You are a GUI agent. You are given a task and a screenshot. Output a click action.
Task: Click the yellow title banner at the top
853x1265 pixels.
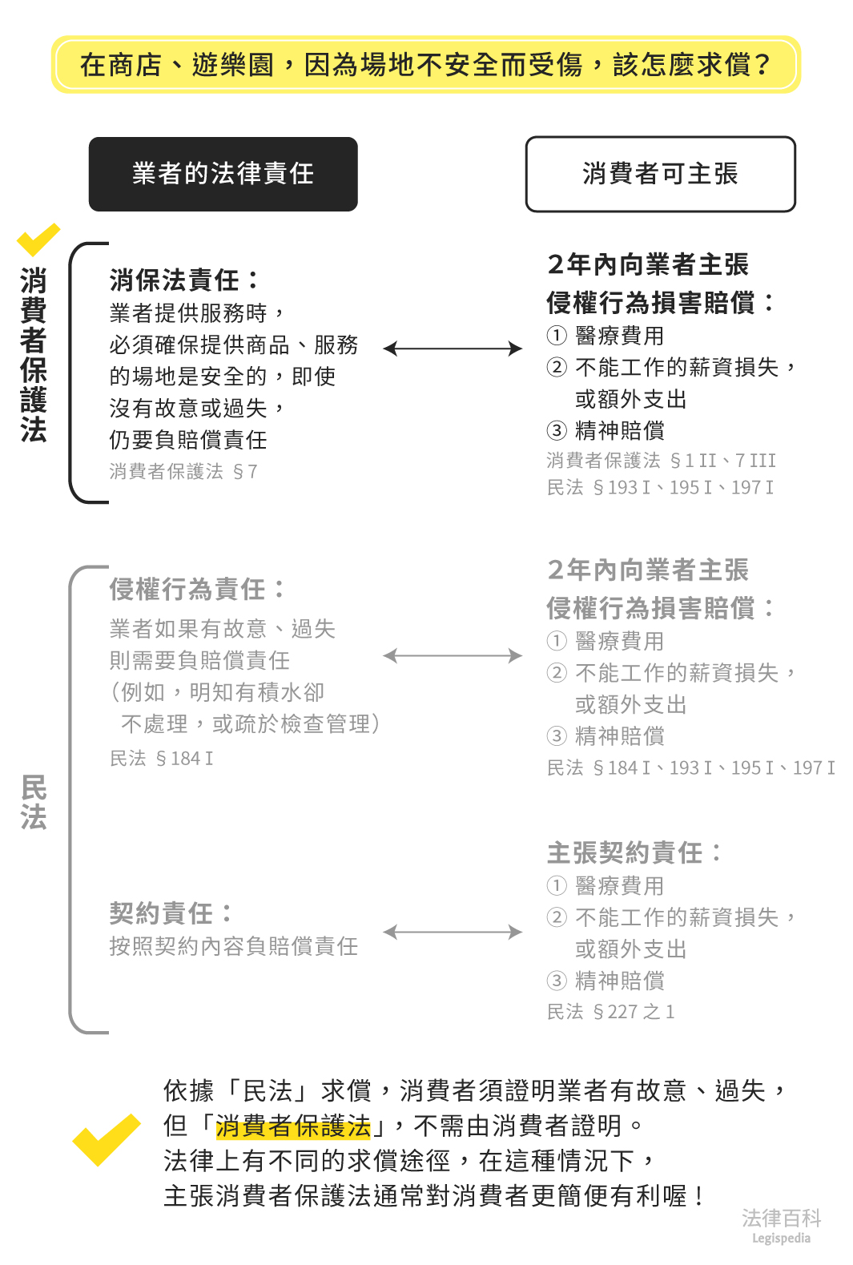pyautogui.click(x=426, y=64)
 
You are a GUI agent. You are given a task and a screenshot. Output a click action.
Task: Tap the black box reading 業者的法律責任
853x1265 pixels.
pyautogui.click(x=223, y=174)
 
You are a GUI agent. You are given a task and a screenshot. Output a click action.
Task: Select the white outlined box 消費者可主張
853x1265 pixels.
pyautogui.click(x=660, y=174)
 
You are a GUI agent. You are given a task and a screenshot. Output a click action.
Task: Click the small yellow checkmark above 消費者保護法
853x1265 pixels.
pyautogui.click(x=37, y=240)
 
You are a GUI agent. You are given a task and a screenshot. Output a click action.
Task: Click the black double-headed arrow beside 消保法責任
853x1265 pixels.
pyautogui.click(x=453, y=348)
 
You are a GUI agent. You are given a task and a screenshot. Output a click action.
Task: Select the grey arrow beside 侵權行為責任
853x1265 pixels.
pyautogui.click(x=453, y=656)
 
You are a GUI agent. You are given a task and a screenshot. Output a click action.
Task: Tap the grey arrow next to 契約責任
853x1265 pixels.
pyautogui.click(x=453, y=932)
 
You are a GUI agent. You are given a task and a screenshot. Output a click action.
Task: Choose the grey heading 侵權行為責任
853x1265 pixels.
pyautogui.click(x=196, y=590)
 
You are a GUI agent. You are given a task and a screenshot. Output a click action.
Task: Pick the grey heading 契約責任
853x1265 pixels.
pyautogui.click(x=171, y=913)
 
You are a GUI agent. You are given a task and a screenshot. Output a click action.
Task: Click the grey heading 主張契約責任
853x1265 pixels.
pyautogui.click(x=634, y=852)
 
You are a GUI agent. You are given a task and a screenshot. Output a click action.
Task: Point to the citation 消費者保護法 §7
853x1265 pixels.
pyautogui.click(x=183, y=472)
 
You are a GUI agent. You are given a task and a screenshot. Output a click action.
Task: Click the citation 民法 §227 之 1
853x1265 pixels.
pyautogui.click(x=610, y=1012)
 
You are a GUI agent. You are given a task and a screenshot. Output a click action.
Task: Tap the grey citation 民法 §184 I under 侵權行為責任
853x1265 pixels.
pyautogui.click(x=161, y=759)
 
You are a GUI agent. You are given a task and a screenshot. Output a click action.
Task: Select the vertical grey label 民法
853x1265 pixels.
pyautogui.click(x=34, y=802)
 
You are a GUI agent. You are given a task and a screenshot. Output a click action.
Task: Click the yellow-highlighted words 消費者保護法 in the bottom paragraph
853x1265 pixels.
pyautogui.click(x=293, y=1126)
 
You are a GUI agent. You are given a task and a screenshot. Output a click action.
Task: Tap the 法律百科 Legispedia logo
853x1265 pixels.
pyautogui.click(x=781, y=1226)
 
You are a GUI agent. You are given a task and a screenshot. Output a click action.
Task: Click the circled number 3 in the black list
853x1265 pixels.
pyautogui.click(x=557, y=431)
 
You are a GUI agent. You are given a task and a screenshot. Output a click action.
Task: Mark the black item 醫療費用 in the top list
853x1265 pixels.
pyautogui.click(x=619, y=336)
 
